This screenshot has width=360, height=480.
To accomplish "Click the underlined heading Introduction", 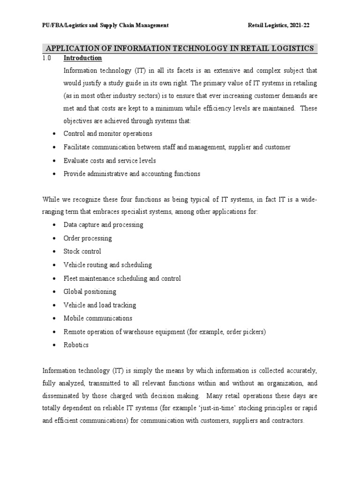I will tap(82, 58).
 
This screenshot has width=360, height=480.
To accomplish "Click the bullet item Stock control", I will tap(82, 251).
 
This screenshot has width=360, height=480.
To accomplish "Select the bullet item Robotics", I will tap(76, 345).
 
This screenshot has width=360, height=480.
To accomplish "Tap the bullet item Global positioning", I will tap(90, 292).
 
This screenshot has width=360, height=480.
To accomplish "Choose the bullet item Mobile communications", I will tap(97, 318).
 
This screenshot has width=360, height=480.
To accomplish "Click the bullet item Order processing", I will tap(88, 238).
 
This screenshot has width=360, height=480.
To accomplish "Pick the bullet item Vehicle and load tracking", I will tap(99, 305).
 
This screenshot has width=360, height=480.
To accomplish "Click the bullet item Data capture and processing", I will tap(103, 225).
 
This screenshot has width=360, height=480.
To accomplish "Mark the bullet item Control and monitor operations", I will tap(107, 134).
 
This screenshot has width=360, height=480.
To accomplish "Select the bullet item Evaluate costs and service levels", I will tap(110, 160).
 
